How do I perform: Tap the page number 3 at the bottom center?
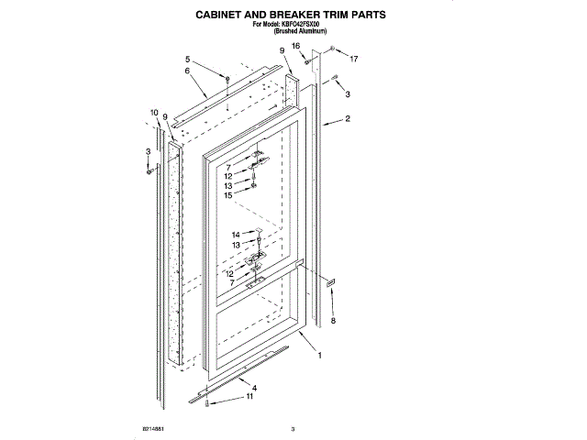(293, 429)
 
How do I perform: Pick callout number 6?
(186, 71)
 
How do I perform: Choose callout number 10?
(153, 113)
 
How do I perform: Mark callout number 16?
(296, 45)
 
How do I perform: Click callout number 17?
(353, 60)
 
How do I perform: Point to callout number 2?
(348, 119)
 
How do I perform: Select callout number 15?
(227, 195)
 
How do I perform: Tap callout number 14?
(235, 235)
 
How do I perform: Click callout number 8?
(334, 320)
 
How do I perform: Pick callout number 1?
(319, 355)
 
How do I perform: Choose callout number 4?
(253, 389)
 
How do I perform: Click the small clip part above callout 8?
(331, 281)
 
